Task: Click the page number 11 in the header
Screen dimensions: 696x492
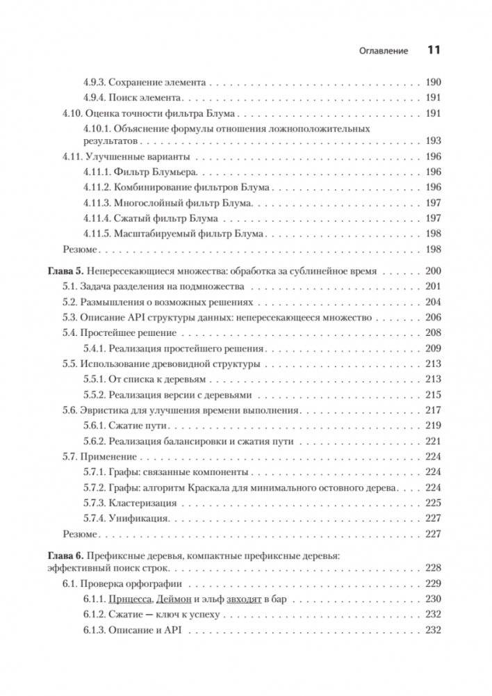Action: tap(434, 51)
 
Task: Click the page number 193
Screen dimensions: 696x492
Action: tap(434, 140)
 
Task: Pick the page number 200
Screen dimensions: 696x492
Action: tap(434, 271)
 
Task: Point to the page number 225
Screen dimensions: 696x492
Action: tap(434, 503)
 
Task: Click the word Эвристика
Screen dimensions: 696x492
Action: tap(104, 410)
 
